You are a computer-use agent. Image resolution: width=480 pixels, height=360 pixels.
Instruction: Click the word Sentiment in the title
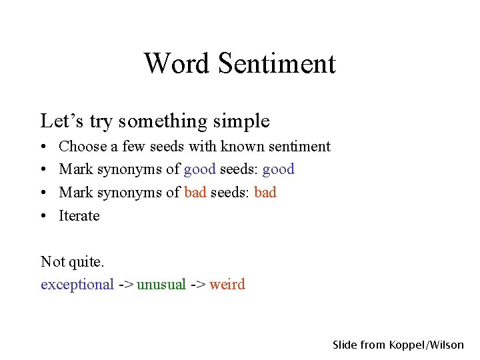(276, 64)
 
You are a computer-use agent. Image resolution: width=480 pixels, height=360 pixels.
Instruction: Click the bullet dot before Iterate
(43, 216)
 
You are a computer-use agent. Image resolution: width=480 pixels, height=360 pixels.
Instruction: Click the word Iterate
(79, 216)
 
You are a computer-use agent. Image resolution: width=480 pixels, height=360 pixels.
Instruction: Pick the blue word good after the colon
(278, 169)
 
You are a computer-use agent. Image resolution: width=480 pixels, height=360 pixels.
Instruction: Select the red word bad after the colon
(265, 193)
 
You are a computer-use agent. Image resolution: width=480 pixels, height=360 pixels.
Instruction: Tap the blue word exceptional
(77, 285)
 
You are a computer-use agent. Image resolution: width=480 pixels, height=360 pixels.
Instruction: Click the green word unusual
(161, 285)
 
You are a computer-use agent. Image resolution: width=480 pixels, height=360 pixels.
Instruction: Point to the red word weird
(227, 285)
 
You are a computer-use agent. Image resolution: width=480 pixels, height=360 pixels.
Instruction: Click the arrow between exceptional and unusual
(125, 285)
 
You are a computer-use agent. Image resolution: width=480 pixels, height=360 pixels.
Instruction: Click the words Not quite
(73, 261)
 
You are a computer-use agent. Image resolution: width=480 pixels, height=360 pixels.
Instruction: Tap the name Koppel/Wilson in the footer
(427, 345)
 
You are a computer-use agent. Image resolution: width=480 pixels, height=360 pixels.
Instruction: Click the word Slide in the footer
(345, 345)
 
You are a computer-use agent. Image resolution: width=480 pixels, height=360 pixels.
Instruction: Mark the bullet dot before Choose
(43, 147)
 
